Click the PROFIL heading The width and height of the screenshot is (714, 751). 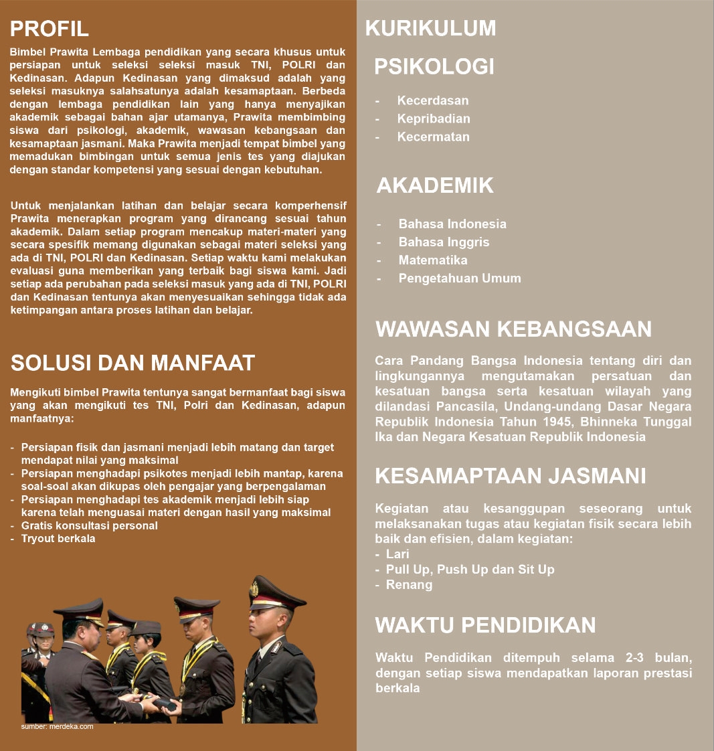click(50, 28)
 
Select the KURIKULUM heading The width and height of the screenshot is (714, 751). click(431, 28)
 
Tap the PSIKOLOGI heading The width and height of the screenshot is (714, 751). click(434, 66)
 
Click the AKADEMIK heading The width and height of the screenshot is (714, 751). click(436, 185)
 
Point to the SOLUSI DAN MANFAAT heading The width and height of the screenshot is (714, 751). click(133, 363)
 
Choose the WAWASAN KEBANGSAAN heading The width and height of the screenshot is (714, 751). click(514, 329)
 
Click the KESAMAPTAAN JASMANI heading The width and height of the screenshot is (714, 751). click(511, 476)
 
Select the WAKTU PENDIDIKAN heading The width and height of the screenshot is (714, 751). click(486, 625)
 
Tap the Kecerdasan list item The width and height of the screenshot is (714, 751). click(433, 100)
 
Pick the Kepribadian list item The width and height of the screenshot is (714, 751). click(434, 118)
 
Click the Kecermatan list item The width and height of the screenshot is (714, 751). click(434, 137)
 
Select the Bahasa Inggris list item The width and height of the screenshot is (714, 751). click(444, 242)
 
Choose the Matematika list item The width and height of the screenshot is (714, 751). click(433, 260)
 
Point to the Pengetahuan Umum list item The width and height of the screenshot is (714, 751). click(460, 278)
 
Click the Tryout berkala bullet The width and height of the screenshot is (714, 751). click(58, 538)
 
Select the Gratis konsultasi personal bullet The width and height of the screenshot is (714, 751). click(90, 525)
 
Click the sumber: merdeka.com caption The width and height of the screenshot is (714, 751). click(58, 726)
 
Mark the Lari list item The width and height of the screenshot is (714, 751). click(397, 554)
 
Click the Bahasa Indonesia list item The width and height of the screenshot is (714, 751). click(452, 224)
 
